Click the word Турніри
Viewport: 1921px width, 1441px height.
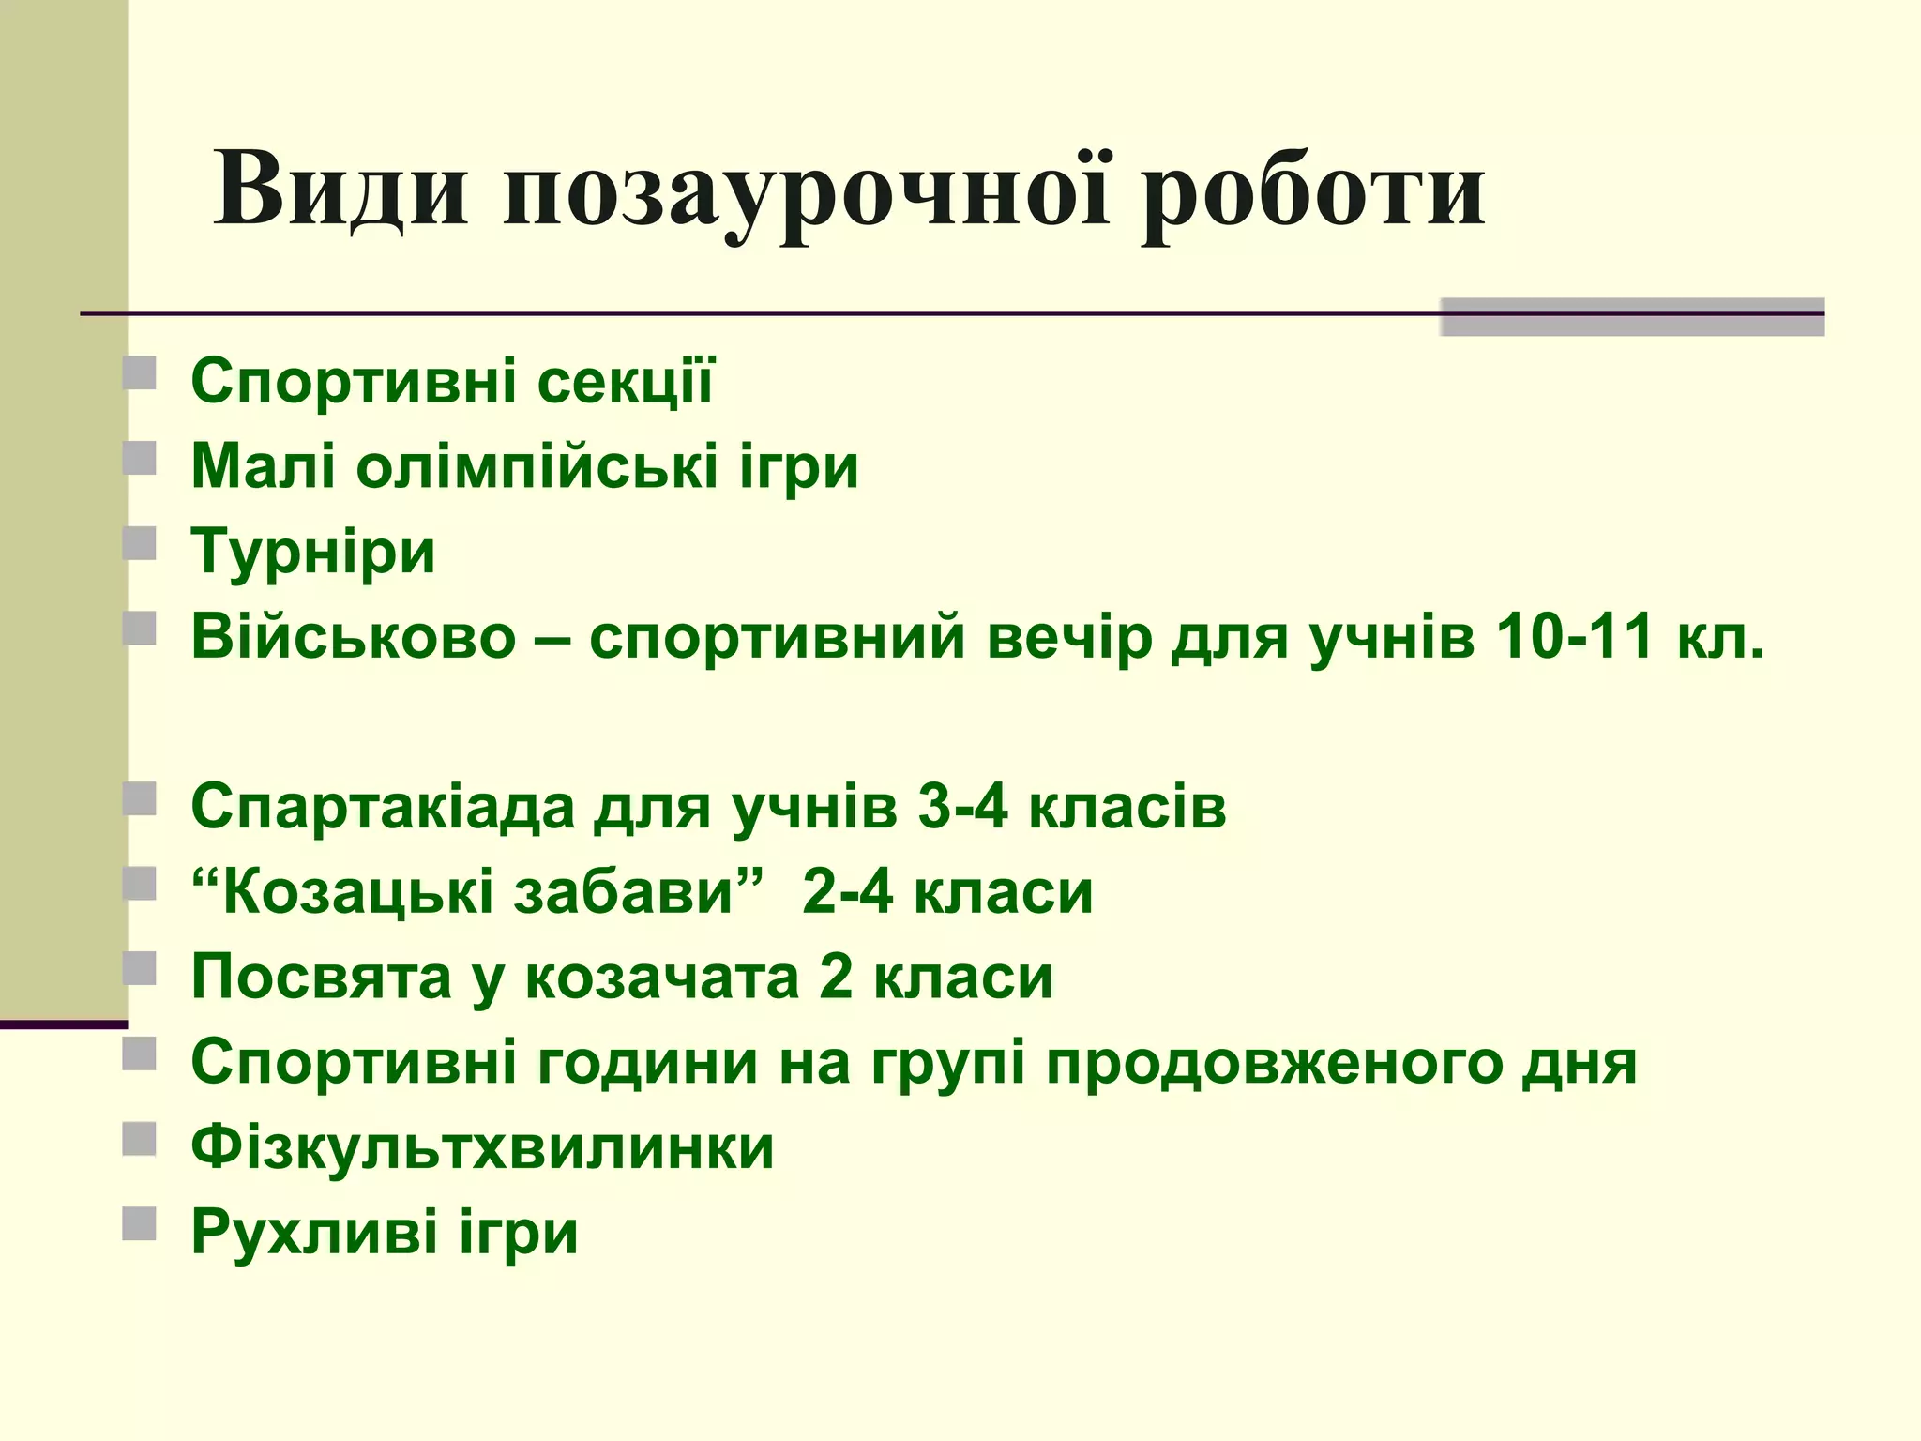[x=313, y=552]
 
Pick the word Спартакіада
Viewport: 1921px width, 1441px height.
[x=382, y=806]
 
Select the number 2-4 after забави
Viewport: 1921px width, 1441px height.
[x=848, y=891]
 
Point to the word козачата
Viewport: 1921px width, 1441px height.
[x=662, y=977]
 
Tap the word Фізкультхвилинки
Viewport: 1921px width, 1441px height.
[x=482, y=1147]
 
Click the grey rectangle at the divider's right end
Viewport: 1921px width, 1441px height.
[x=1631, y=317]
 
